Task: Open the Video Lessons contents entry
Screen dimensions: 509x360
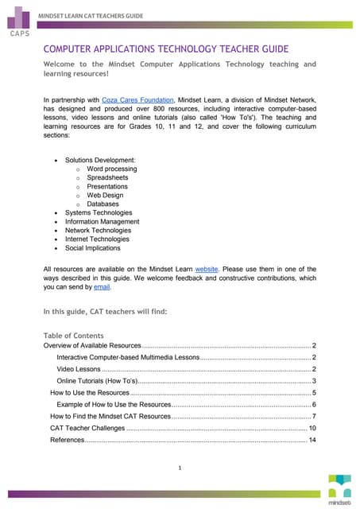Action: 79,369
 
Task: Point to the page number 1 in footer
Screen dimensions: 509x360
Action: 180,468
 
